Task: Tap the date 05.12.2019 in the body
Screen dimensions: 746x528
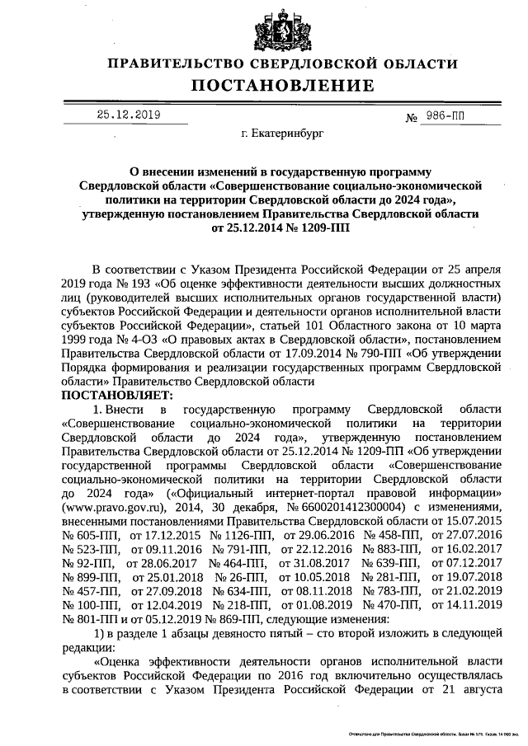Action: tap(163, 620)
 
